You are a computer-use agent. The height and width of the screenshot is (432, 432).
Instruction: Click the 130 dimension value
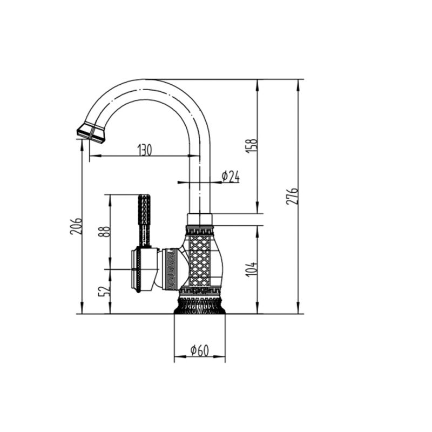[x=145, y=150]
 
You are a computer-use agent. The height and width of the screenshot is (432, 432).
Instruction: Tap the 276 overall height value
[x=292, y=196]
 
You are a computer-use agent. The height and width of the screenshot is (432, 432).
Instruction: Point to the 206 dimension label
[x=76, y=226]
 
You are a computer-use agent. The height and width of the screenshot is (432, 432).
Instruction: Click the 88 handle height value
[x=105, y=232]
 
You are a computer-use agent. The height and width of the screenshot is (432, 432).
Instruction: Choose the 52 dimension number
[x=104, y=291]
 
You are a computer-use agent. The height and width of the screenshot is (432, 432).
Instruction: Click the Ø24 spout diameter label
[x=231, y=177]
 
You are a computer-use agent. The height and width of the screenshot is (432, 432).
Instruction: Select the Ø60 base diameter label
[x=199, y=350]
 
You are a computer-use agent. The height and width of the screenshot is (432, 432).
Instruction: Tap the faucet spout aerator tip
[x=91, y=133]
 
